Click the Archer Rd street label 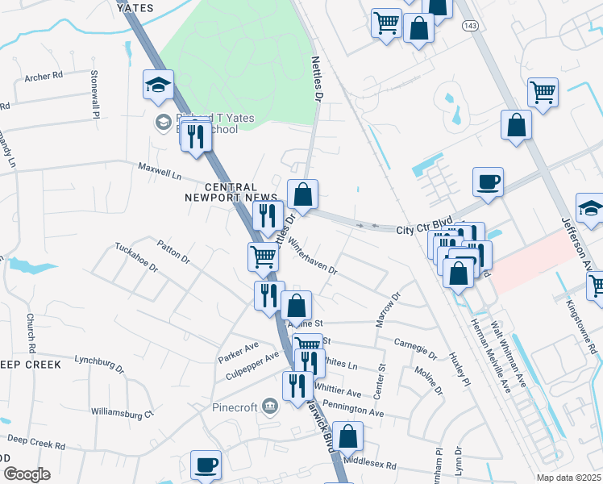coord(44,77)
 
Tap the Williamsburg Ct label coord(122,414)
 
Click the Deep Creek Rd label coord(36,444)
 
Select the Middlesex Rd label coord(370,464)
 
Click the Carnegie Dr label coord(415,348)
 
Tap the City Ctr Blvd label coord(423,230)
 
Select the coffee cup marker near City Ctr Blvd coord(487,182)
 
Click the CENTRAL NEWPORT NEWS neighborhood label coord(220,191)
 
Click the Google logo coord(27,474)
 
